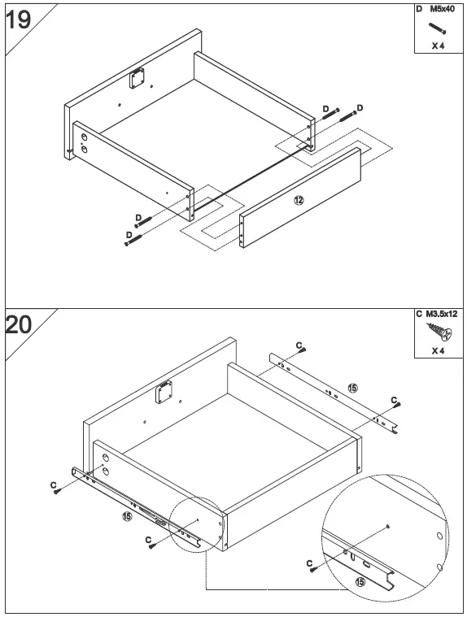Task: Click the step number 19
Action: click(x=19, y=19)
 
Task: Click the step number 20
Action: click(x=19, y=325)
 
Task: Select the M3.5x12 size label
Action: click(x=443, y=314)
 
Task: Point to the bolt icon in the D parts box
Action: click(x=437, y=28)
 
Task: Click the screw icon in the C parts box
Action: click(x=437, y=332)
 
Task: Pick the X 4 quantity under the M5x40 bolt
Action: click(x=438, y=46)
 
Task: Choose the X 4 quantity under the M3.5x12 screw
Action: click(x=438, y=351)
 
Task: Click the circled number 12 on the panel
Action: click(x=299, y=200)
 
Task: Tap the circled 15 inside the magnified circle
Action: click(x=360, y=582)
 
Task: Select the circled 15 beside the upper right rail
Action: click(x=352, y=389)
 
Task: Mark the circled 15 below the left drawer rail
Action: click(x=127, y=516)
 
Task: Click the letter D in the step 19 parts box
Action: click(x=419, y=8)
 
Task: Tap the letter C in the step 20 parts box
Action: click(x=418, y=314)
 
